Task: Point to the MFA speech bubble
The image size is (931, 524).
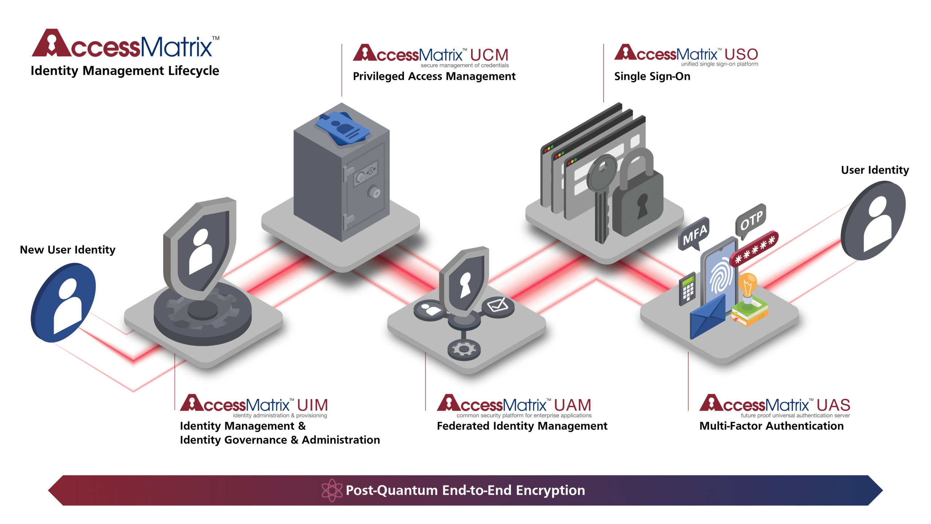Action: point(694,234)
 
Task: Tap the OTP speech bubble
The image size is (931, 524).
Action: point(751,219)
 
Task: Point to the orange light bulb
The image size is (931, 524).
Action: point(748,284)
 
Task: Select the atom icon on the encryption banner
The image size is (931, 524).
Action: point(332,490)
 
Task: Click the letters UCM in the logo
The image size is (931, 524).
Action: point(489,55)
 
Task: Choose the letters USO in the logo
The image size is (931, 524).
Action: point(741,55)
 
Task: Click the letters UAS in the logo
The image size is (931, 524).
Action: point(833,405)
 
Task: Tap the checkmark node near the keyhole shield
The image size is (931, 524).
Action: point(498,305)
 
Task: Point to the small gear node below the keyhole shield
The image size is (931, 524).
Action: point(464,349)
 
